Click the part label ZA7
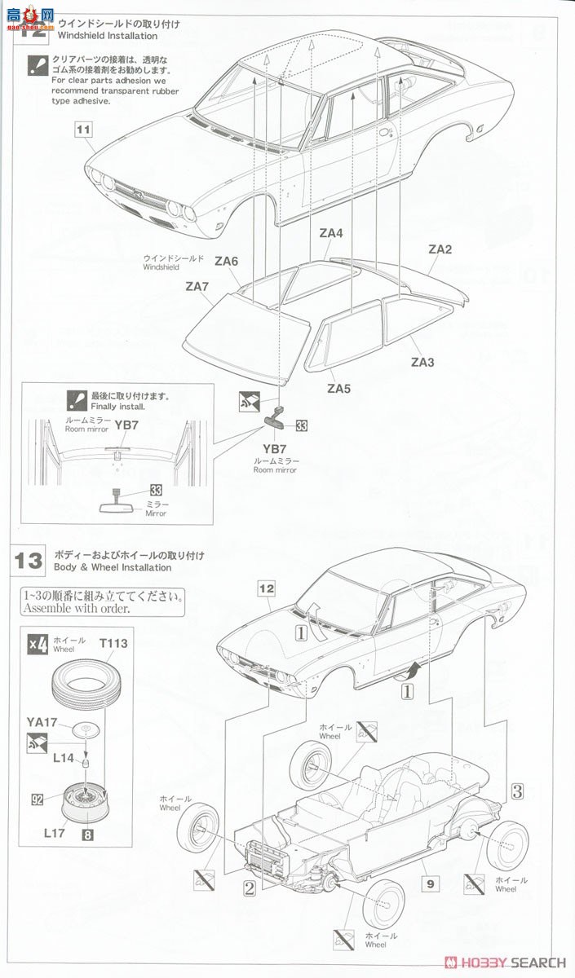tap(197, 286)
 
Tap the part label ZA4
tap(331, 233)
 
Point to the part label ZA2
tap(440, 250)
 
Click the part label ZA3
tap(422, 362)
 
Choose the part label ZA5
tap(338, 389)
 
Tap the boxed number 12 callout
tap(267, 587)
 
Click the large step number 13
tap(29, 561)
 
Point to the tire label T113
tap(114, 643)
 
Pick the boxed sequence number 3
tap(517, 789)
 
